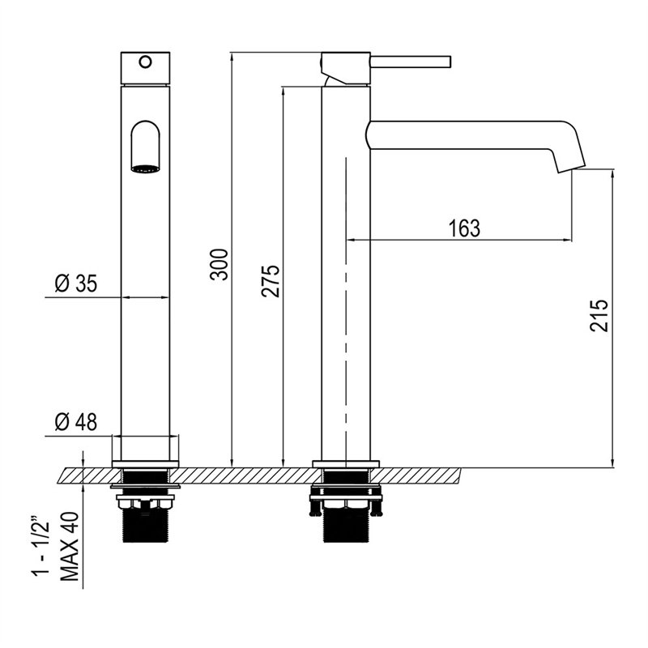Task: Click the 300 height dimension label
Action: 219,265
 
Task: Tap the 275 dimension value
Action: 271,281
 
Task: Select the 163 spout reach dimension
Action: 465,228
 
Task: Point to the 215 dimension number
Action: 599,315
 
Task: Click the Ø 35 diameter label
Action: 76,283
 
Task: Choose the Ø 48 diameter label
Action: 76,422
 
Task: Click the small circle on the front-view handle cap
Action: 145,62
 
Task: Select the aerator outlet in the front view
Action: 145,168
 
